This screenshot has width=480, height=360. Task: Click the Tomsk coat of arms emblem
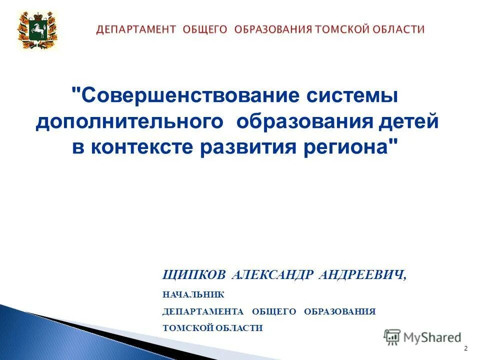pyautogui.click(x=38, y=30)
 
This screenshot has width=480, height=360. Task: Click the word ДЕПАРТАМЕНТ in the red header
pyautogui.click(x=136, y=29)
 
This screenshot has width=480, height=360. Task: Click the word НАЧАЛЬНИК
pyautogui.click(x=193, y=295)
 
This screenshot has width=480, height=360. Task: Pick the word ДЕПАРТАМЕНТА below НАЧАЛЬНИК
pyautogui.click(x=203, y=311)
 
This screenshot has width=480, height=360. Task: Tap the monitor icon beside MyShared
pyautogui.click(x=392, y=337)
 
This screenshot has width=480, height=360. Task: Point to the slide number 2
pyautogui.click(x=466, y=348)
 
